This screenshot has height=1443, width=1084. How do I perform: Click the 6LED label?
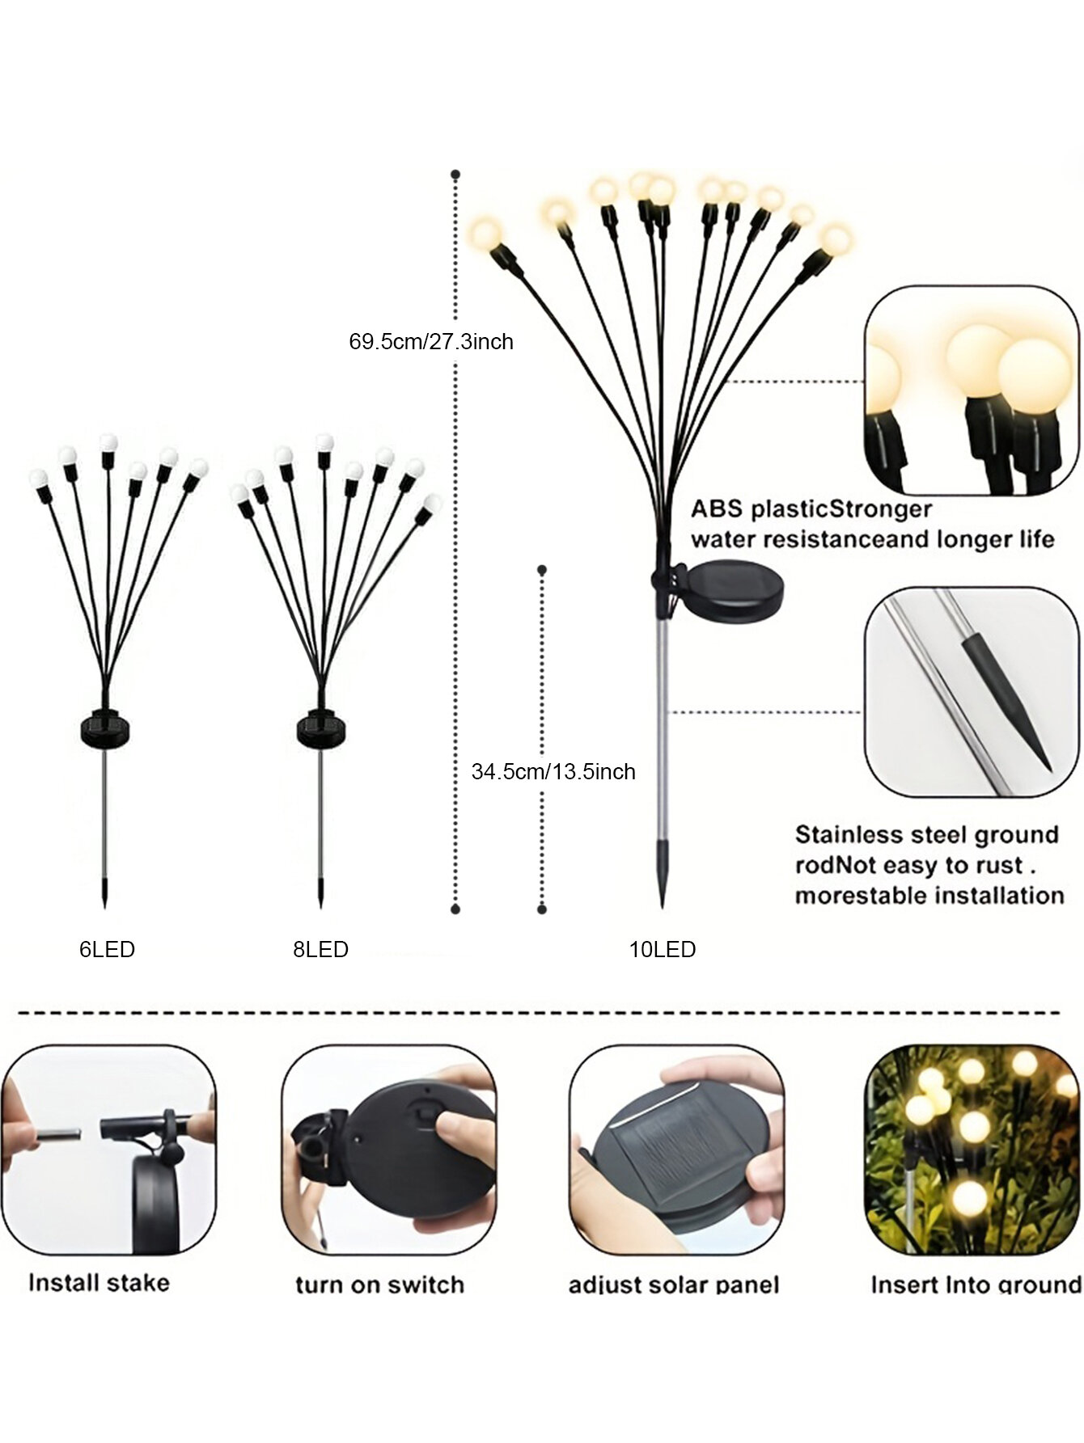[107, 949]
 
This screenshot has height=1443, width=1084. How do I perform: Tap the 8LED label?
[321, 949]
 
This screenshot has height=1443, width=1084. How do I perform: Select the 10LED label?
[663, 949]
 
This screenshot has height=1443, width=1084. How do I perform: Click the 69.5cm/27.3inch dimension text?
[431, 341]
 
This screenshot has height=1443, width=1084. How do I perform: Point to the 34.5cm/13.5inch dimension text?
[553, 771]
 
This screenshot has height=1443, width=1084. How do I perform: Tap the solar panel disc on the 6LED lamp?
[106, 730]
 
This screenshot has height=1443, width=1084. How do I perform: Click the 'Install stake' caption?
[99, 1282]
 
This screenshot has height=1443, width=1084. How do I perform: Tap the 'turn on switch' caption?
[380, 1285]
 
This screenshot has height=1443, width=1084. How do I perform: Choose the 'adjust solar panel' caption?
[674, 1285]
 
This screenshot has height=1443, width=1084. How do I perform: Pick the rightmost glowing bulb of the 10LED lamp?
[836, 240]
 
